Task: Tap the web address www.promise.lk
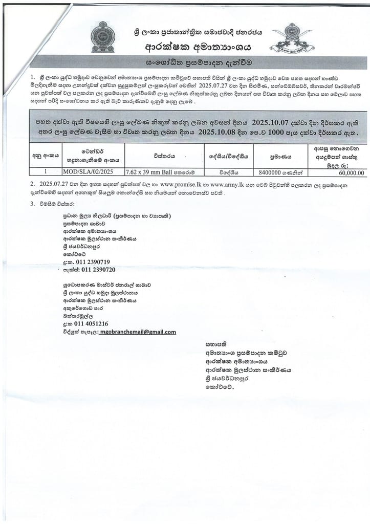pos(186,183)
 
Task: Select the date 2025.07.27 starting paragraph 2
pos(53,183)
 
